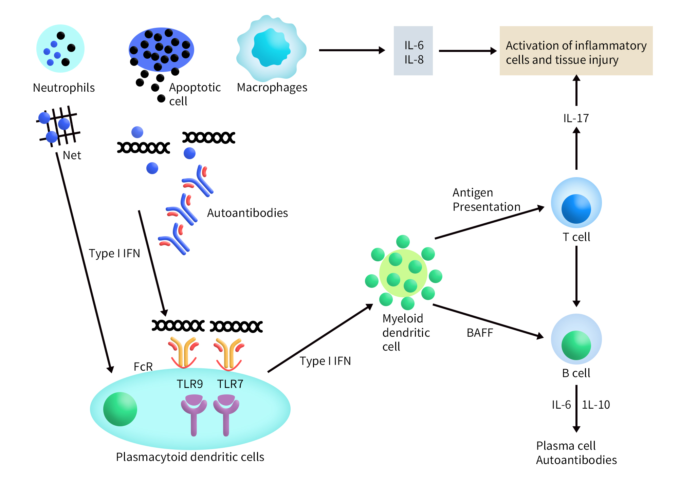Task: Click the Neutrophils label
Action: point(64,88)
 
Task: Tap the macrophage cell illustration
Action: point(271,49)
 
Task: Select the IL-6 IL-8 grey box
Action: point(413,51)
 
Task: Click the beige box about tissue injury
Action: point(576,51)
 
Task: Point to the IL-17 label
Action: point(576,118)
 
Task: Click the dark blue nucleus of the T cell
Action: point(576,209)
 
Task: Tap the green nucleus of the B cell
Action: point(576,345)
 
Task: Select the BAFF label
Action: point(480,333)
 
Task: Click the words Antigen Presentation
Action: point(486,200)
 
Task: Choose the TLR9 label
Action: point(190,384)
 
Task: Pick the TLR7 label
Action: point(230,384)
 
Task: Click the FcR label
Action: point(143,367)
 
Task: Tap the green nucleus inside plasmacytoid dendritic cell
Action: point(120,409)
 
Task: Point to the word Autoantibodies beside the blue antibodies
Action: point(247,213)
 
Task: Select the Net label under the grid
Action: point(72,155)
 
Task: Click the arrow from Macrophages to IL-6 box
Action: point(351,50)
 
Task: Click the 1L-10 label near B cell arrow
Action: point(596,405)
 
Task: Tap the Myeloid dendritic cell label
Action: point(406,333)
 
